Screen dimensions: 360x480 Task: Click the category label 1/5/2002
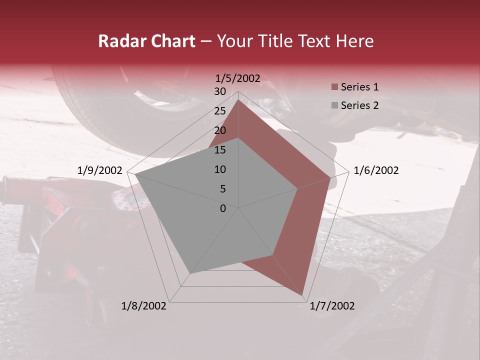238,78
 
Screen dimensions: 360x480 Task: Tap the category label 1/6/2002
376,170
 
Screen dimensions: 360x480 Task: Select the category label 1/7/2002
332,306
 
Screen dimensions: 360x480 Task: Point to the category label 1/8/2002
144,306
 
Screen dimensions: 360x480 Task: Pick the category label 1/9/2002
100,170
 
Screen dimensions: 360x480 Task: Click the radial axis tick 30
220,91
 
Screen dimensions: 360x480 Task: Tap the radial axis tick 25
220,111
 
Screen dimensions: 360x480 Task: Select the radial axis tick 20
220,130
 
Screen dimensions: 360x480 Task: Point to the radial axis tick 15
220,150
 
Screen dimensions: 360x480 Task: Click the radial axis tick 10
220,169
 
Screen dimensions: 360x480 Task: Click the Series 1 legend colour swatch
334,87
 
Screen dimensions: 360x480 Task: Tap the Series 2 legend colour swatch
334,105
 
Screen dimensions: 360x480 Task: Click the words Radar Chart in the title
146,41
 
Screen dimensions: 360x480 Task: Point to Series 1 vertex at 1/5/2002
238,100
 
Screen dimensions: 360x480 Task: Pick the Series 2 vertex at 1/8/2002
190,273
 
